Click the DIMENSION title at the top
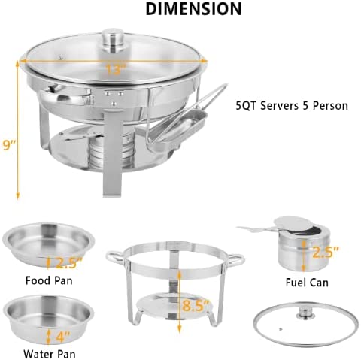coord(193,10)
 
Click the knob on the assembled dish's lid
coord(114,37)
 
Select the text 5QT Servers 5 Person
coord(292,106)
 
